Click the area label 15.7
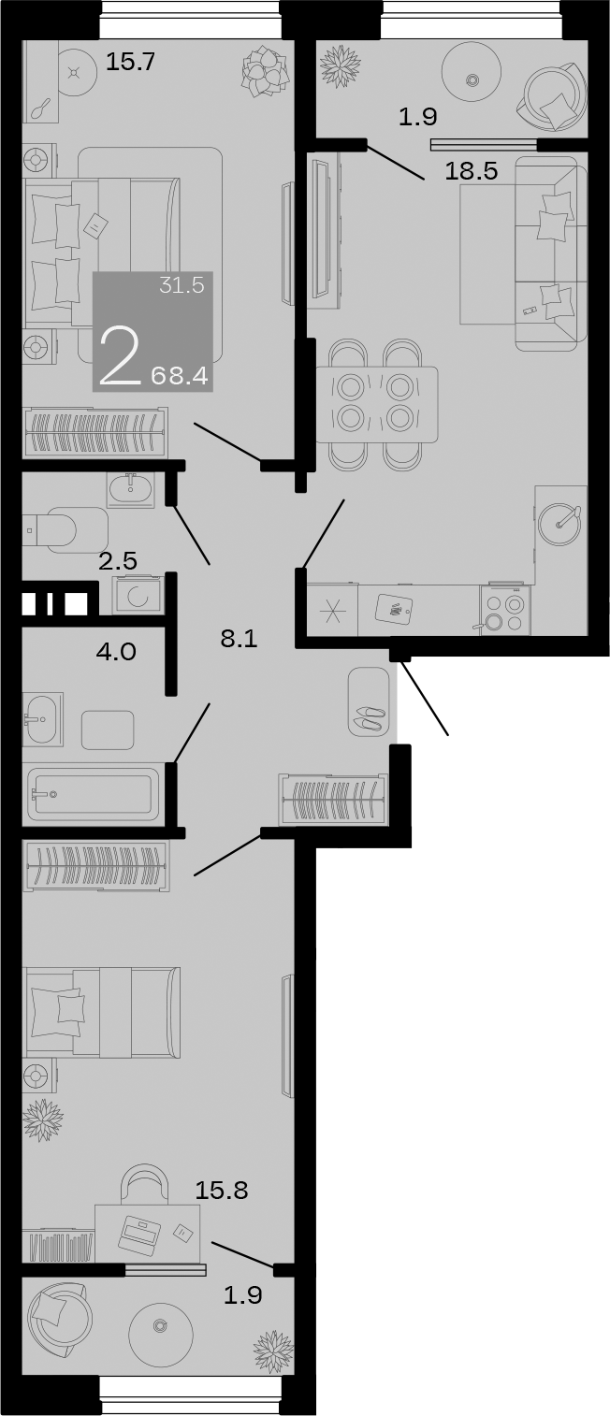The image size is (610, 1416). pyautogui.click(x=129, y=63)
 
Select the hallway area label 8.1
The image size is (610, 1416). pyautogui.click(x=239, y=639)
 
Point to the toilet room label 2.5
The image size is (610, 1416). pyautogui.click(x=118, y=561)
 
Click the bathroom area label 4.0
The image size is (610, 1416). pyautogui.click(x=116, y=651)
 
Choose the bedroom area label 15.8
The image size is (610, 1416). pyautogui.click(x=221, y=1191)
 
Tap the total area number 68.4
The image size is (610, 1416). pyautogui.click(x=181, y=376)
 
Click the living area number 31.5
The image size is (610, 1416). pyautogui.click(x=181, y=286)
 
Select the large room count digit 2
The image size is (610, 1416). pyautogui.click(x=120, y=356)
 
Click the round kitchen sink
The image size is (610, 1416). pyautogui.click(x=560, y=517)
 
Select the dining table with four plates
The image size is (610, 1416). pyautogui.click(x=376, y=404)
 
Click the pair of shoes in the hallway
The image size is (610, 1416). pyautogui.click(x=368, y=718)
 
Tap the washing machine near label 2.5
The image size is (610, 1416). pyautogui.click(x=138, y=594)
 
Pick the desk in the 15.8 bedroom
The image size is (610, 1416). pyautogui.click(x=147, y=1234)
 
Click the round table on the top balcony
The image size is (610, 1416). pyautogui.click(x=472, y=80)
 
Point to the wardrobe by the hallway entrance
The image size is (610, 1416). pyautogui.click(x=332, y=799)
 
